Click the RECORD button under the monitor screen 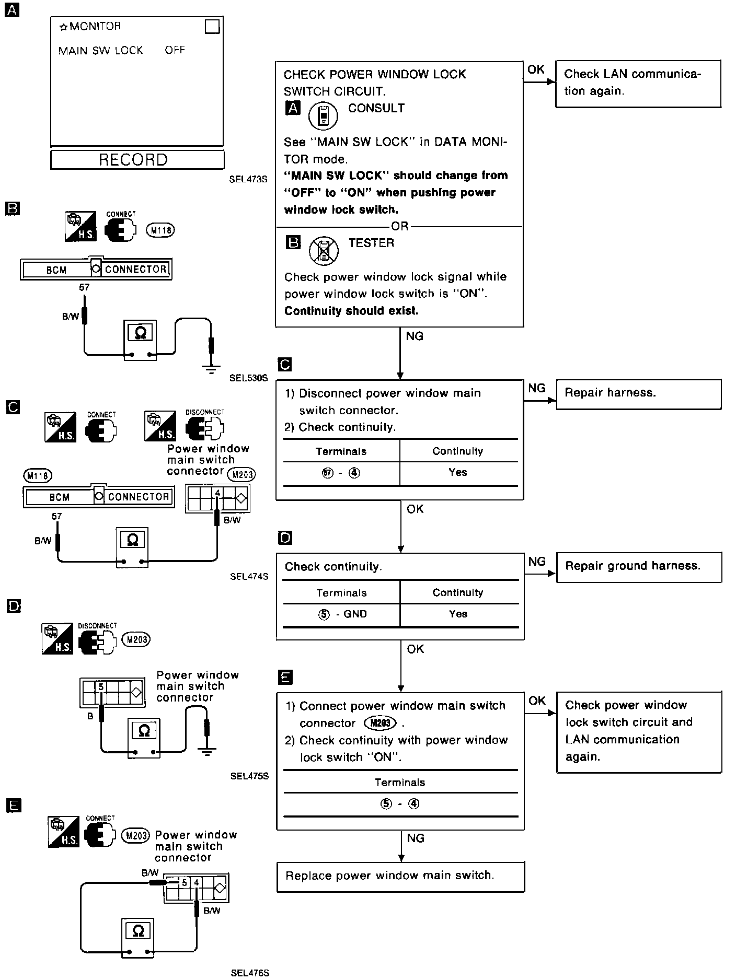click(x=137, y=159)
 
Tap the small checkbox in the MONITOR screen click(x=212, y=26)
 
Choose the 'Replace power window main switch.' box click(x=400, y=876)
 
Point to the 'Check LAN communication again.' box click(x=638, y=83)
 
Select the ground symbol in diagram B click(x=211, y=370)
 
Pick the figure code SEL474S click(x=249, y=577)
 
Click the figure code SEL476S click(x=249, y=973)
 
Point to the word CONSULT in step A click(x=376, y=108)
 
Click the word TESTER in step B click(x=371, y=243)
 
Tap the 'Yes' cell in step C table click(x=458, y=472)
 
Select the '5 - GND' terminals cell click(x=342, y=614)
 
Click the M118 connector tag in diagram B click(x=160, y=230)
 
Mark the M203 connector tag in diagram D click(x=135, y=639)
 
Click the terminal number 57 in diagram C click(x=56, y=516)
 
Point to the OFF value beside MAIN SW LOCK click(x=175, y=50)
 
